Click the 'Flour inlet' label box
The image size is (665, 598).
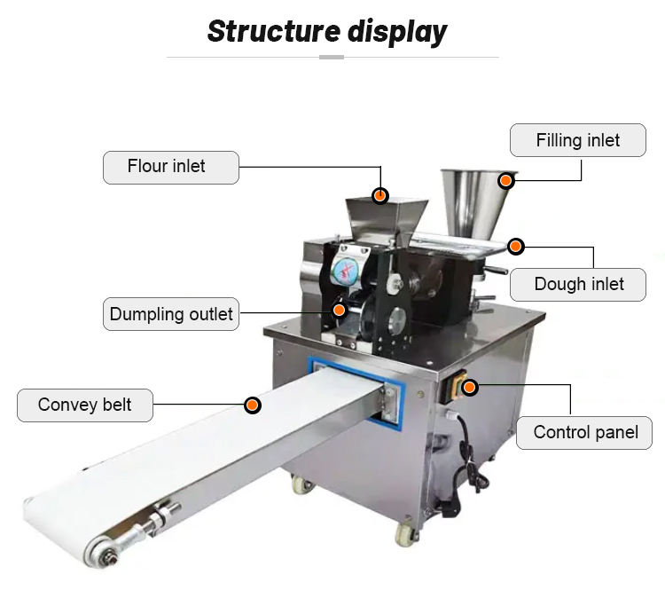(x=170, y=167)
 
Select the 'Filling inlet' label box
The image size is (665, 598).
(x=577, y=140)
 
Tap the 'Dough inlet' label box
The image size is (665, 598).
(x=578, y=284)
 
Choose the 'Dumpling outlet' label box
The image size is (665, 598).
(x=170, y=314)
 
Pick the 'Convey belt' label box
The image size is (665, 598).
(x=85, y=405)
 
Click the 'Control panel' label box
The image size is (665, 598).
(x=584, y=433)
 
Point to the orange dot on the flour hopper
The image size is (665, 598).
(x=379, y=194)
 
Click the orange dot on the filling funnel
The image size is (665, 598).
(x=505, y=180)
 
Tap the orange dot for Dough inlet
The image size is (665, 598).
(x=516, y=246)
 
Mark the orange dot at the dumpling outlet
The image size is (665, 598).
(x=339, y=310)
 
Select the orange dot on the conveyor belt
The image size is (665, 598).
(x=253, y=405)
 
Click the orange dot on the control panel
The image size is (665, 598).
(x=469, y=387)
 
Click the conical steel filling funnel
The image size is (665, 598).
(x=474, y=200)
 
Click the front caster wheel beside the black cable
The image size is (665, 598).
(x=404, y=533)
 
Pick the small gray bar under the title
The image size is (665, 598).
(x=332, y=57)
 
